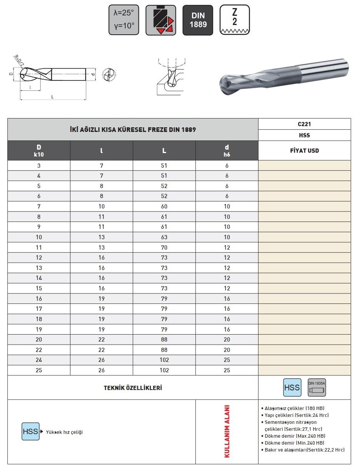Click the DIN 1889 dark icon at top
[x=197, y=20]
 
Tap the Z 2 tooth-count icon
[x=234, y=20]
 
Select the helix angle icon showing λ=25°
[x=123, y=20]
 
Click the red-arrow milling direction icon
[x=160, y=20]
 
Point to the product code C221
[x=304, y=124]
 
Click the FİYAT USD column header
[x=304, y=150]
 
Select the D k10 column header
[x=39, y=150]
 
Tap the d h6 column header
[x=227, y=150]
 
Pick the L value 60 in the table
[x=164, y=207]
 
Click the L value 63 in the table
[x=164, y=237]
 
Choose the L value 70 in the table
[x=164, y=247]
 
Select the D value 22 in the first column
[x=39, y=350]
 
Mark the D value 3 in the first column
[x=39, y=165]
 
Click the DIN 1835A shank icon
[x=317, y=388]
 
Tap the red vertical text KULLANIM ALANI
[x=227, y=431]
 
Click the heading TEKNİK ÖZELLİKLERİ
[x=133, y=388]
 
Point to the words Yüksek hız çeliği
[x=64, y=432]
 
